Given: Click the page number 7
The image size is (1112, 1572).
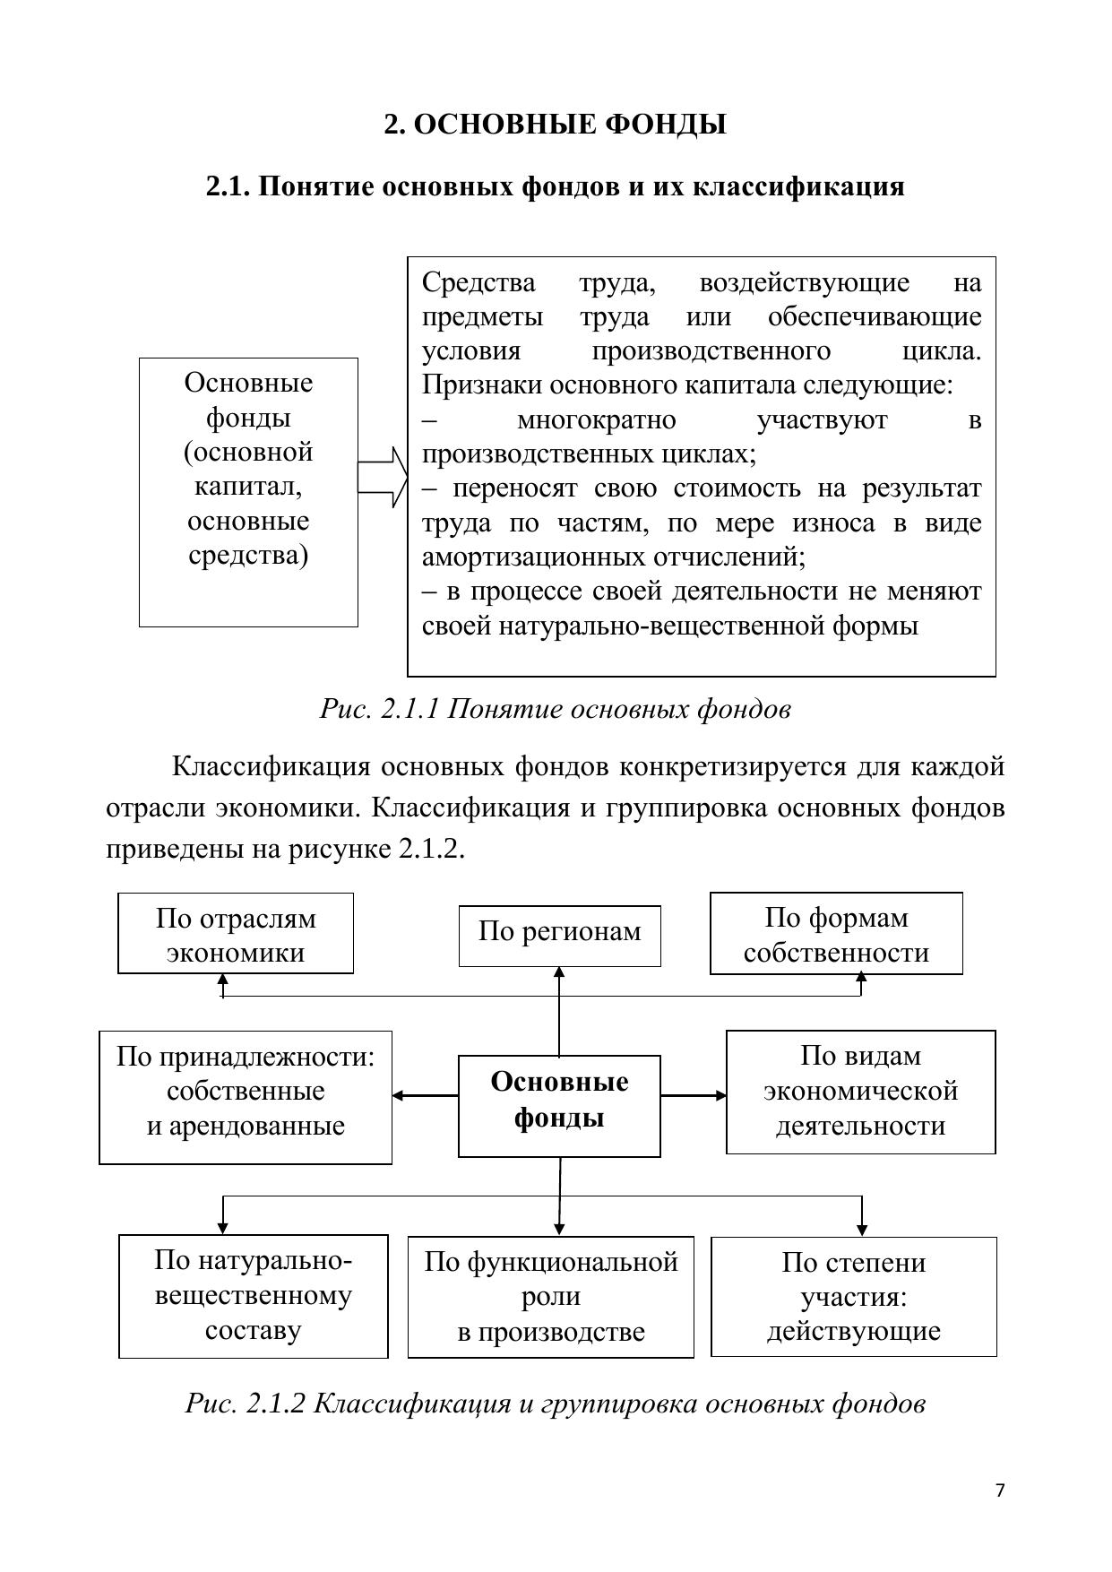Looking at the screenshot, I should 1000,1490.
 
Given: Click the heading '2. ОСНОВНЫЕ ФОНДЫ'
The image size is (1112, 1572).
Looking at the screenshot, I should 555,125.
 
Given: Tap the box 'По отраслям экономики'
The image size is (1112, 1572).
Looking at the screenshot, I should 236,933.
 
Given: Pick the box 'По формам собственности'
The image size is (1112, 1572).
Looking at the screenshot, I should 836,933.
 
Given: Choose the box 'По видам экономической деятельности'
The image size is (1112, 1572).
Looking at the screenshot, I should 860,1092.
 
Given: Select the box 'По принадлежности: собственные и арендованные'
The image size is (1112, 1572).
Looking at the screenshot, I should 246,1097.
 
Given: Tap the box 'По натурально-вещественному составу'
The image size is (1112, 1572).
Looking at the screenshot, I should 254,1296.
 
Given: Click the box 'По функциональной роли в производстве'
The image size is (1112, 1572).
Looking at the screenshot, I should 550,1297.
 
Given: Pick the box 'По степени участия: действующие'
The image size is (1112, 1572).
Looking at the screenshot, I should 853,1297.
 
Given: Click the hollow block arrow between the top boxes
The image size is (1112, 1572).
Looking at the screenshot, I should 383,477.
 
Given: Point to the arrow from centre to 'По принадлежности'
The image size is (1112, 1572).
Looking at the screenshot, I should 425,1095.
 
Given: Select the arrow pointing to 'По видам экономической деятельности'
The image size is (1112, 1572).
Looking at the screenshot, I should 694,1095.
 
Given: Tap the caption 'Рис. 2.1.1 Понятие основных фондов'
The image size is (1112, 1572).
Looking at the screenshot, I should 555,709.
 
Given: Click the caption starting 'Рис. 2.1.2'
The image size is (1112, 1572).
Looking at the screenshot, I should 555,1403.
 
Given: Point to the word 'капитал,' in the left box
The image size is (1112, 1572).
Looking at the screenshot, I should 248,487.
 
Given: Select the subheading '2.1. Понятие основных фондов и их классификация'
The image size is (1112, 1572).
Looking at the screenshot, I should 555,186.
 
